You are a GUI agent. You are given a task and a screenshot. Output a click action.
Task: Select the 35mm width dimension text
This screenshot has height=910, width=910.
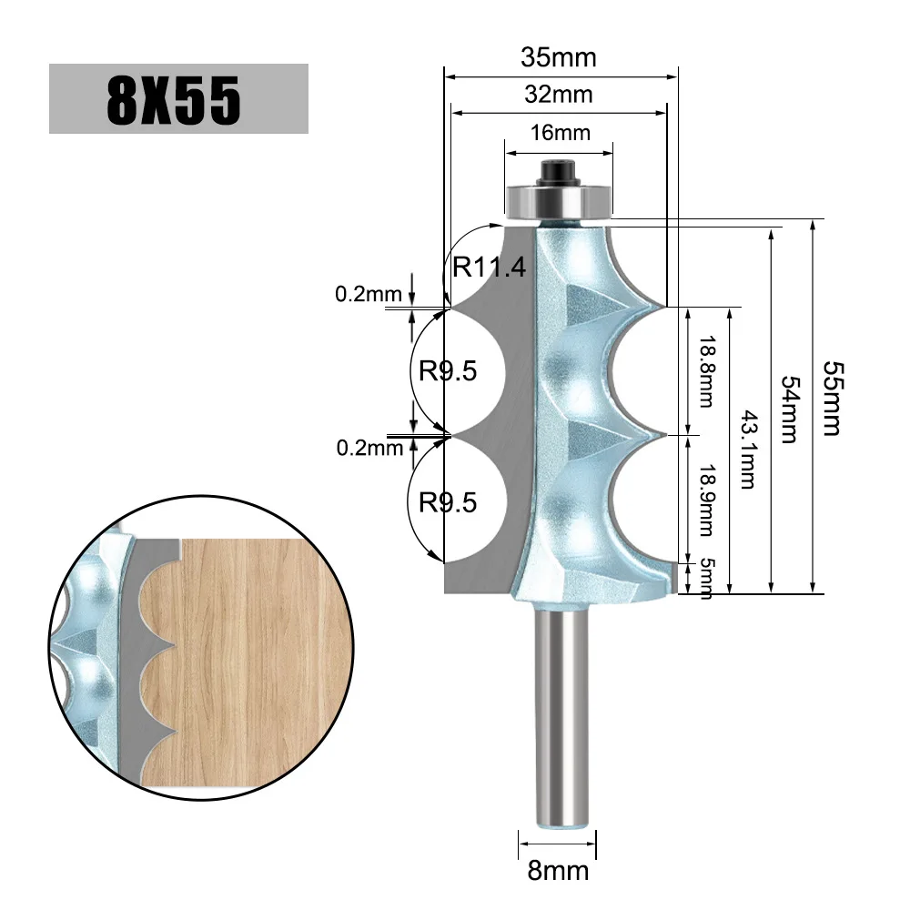(x=559, y=57)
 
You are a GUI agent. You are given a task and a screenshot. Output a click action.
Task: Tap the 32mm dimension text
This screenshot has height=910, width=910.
(x=559, y=94)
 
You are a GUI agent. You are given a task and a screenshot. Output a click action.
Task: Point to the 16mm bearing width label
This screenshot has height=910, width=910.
(x=560, y=133)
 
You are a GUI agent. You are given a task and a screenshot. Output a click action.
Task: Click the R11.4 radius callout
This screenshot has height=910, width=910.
(x=490, y=268)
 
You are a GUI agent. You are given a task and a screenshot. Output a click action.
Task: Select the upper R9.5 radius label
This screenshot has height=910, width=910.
(x=447, y=371)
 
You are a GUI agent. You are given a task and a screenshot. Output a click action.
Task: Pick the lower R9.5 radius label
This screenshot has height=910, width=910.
(x=447, y=502)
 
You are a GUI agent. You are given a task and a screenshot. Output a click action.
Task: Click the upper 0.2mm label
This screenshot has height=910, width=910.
(x=369, y=294)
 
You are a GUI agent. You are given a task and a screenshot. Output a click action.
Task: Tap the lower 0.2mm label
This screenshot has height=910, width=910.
(x=369, y=447)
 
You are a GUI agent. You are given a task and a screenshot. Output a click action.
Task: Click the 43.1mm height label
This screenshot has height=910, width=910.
(x=747, y=450)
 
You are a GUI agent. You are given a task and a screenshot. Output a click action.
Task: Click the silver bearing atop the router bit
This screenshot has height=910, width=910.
(x=559, y=202)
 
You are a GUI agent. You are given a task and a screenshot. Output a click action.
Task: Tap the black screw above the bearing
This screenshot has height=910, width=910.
(x=559, y=170)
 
